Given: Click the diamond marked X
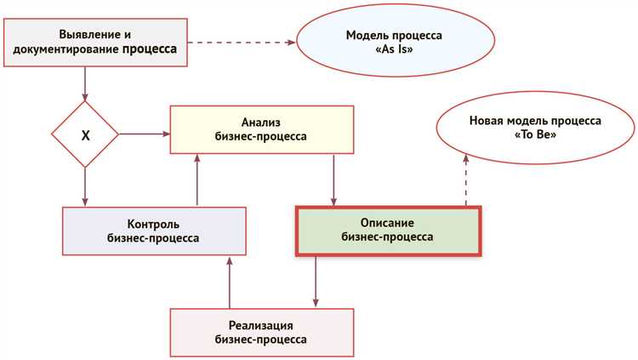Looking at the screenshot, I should [x=85, y=134].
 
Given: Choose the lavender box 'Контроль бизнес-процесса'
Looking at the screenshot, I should [x=156, y=231].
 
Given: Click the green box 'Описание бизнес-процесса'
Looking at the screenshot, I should [x=388, y=229].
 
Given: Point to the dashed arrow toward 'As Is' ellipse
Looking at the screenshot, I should [x=242, y=43].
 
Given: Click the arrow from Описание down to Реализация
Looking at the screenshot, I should [x=316, y=281].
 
